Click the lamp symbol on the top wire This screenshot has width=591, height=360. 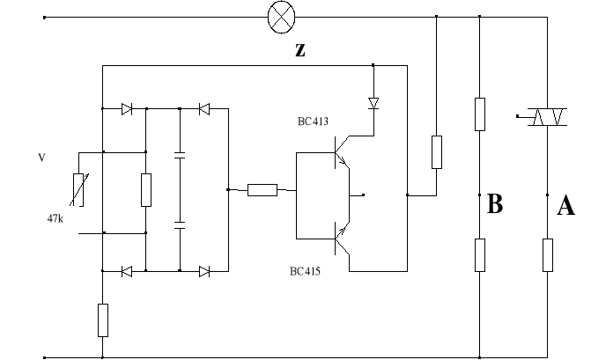(282, 16)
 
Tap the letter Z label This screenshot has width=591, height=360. (300, 50)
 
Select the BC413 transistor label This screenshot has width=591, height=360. (313, 121)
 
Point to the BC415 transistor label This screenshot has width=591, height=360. (305, 271)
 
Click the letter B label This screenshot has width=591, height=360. (495, 205)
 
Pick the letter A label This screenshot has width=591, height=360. (566, 207)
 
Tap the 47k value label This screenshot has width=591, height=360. (55, 217)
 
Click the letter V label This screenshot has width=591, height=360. (41, 158)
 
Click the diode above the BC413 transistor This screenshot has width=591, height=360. (373, 103)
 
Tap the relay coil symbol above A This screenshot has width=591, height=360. (540, 117)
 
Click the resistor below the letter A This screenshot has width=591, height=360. (547, 254)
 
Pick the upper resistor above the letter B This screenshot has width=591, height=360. (480, 114)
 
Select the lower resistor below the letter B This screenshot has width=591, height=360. (480, 254)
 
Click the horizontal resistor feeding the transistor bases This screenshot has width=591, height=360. (262, 189)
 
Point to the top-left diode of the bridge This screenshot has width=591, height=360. (126, 109)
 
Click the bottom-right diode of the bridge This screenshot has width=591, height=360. (204, 271)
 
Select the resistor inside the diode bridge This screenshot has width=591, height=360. (146, 189)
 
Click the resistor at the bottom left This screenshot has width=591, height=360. (103, 320)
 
